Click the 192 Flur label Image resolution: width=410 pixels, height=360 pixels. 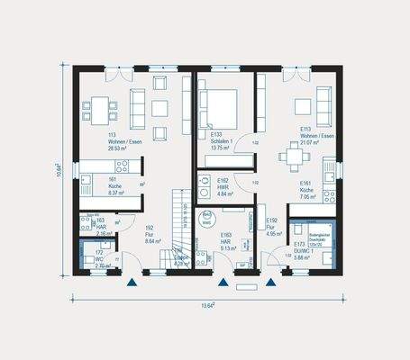pos(152,235)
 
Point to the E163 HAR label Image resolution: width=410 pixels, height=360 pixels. pos(226,241)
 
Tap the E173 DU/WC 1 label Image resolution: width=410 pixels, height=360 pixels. pos(301,249)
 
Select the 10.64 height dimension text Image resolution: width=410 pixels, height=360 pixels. pos(59,171)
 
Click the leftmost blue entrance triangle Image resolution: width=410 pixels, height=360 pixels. pos(132,282)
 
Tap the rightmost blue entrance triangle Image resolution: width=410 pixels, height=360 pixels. pos(269,282)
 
